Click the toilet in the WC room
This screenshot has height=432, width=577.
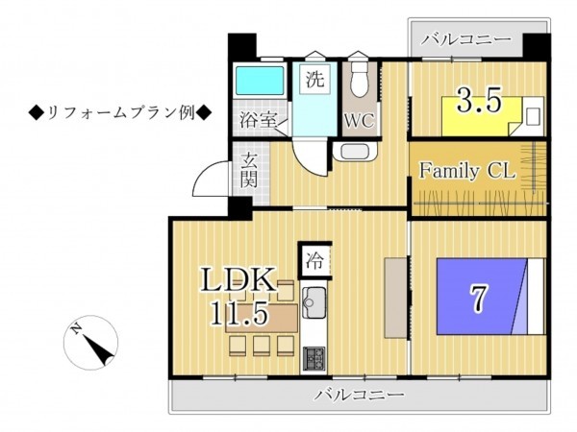[360, 78]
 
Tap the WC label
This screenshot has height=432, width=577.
[360, 120]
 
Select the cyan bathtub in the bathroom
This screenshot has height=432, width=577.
[261, 81]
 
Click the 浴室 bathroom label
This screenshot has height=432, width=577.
[258, 119]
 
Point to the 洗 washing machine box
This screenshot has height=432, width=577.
[314, 80]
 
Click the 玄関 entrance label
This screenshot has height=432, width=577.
[249, 170]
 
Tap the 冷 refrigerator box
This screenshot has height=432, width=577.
[314, 261]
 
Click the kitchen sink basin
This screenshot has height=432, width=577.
[314, 302]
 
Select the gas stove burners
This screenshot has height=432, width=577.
[314, 358]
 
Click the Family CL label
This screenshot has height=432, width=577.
[467, 171]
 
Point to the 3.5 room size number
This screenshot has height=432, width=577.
[479, 100]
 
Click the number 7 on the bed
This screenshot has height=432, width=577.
[478, 298]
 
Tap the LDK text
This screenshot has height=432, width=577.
[238, 279]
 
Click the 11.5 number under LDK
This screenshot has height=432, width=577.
[238, 313]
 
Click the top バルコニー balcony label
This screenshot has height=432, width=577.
[466, 38]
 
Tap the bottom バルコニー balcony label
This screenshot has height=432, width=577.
[359, 395]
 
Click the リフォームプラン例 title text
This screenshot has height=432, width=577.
[120, 113]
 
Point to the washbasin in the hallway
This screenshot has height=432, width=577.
[355, 151]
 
